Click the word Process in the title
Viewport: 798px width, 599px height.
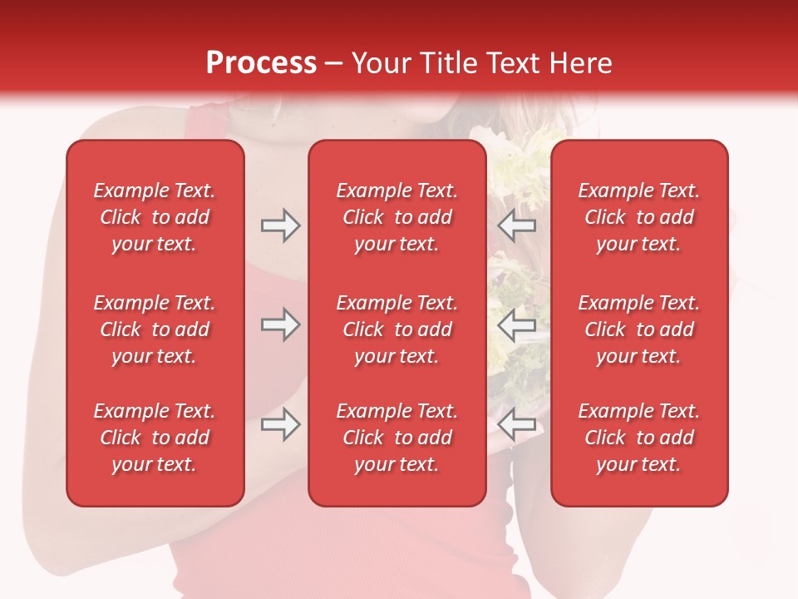pyautogui.click(x=261, y=63)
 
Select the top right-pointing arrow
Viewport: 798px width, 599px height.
pyautogui.click(x=281, y=225)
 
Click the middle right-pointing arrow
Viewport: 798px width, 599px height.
pyautogui.click(x=281, y=325)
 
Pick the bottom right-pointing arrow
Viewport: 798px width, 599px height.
pyautogui.click(x=281, y=424)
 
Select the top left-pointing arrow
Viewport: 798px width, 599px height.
pyautogui.click(x=517, y=225)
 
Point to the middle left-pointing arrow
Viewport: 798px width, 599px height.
pyautogui.click(x=517, y=325)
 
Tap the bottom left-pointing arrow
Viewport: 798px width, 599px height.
pyautogui.click(x=517, y=424)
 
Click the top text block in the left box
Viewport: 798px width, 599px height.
pyautogui.click(x=155, y=217)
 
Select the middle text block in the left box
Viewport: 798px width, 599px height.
pyautogui.click(x=155, y=329)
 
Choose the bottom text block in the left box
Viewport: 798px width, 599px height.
pyautogui.click(x=155, y=438)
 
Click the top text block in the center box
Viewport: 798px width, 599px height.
pyautogui.click(x=397, y=217)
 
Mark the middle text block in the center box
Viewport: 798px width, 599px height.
pyautogui.click(x=397, y=329)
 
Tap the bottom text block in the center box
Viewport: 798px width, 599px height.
pyautogui.click(x=397, y=438)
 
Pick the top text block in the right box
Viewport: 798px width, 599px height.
pyautogui.click(x=639, y=217)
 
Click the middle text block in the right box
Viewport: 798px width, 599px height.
pyautogui.click(x=639, y=329)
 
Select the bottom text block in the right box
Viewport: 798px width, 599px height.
pyautogui.click(x=639, y=438)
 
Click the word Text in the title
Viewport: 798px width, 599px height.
pyautogui.click(x=513, y=63)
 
